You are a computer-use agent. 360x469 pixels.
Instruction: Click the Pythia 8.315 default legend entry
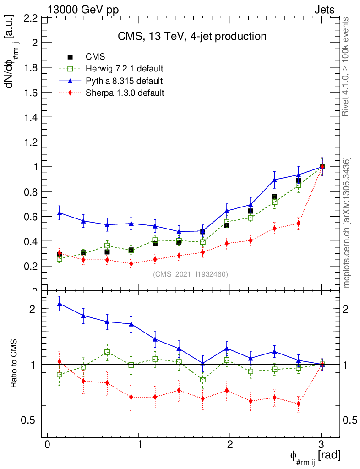124,81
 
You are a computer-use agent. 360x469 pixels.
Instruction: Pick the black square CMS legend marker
70,57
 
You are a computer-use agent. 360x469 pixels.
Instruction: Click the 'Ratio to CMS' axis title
14,364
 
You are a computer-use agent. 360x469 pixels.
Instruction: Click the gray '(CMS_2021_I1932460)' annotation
190,274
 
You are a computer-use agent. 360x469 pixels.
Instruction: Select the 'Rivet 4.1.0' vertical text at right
346,66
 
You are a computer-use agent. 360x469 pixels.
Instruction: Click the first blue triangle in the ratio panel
60,304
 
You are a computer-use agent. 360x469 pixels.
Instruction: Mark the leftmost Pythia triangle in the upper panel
60,213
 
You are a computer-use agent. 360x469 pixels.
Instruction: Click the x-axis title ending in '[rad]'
315,456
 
